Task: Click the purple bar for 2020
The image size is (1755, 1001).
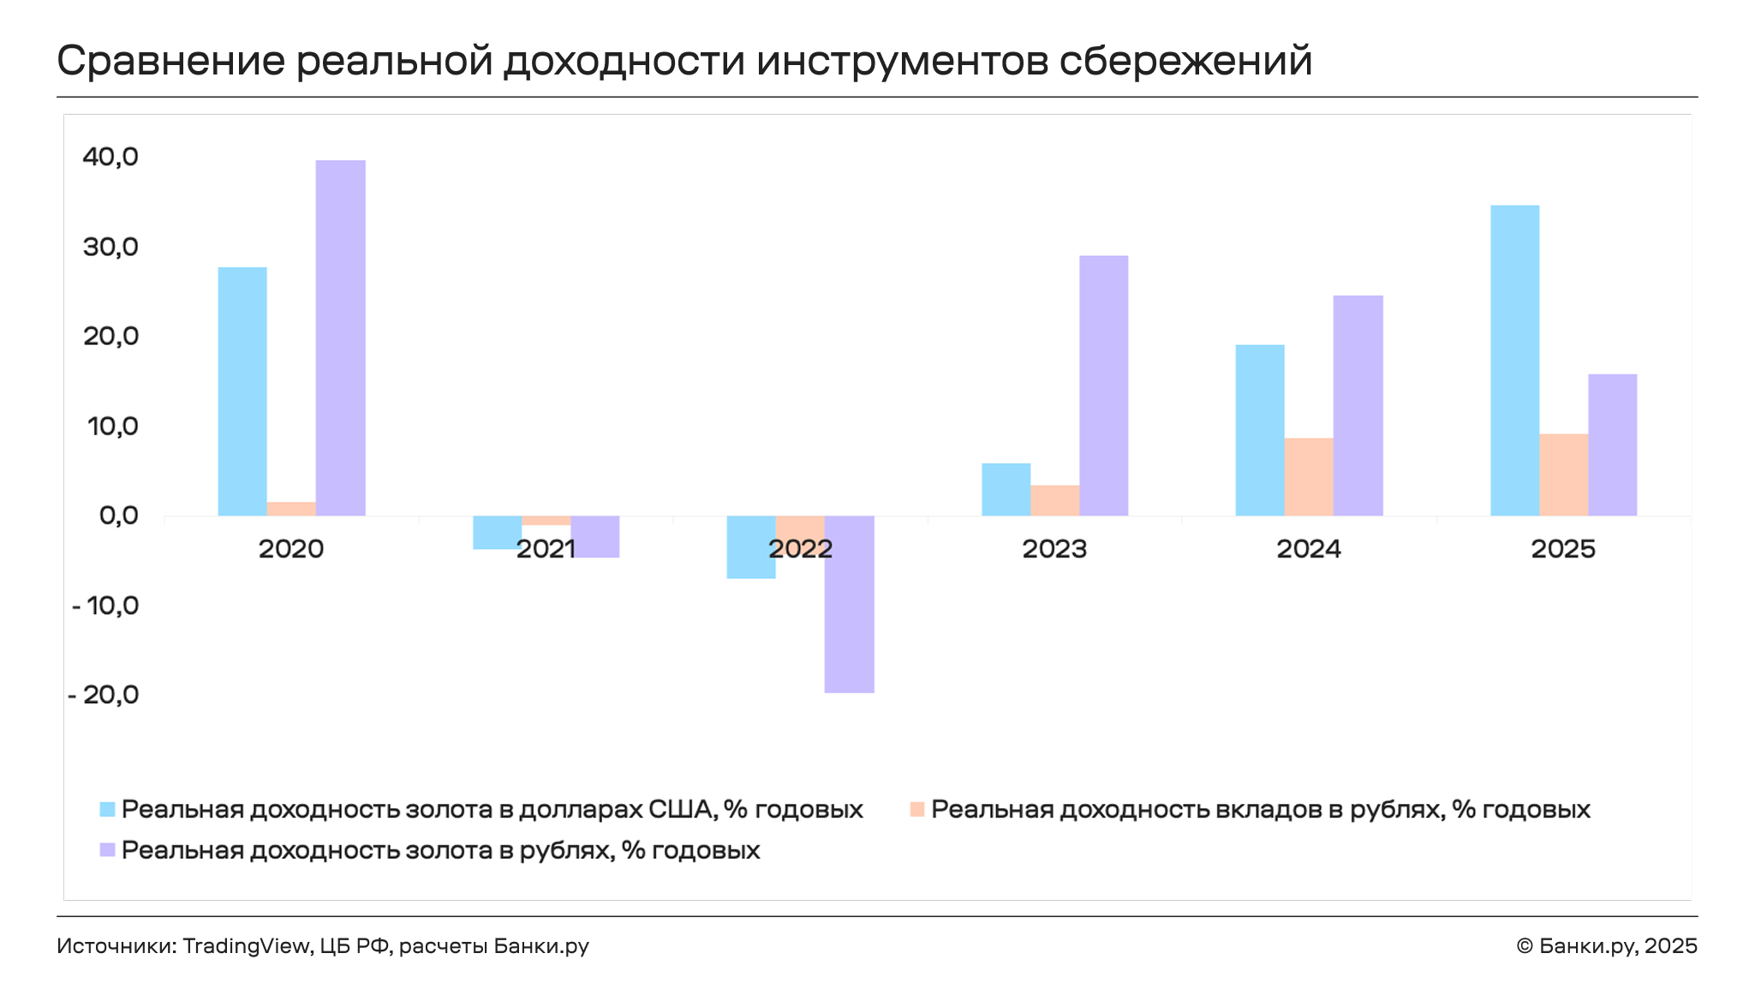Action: coord(340,338)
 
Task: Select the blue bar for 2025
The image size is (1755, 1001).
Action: coord(1514,360)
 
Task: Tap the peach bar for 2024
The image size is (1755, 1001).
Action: coord(1309,477)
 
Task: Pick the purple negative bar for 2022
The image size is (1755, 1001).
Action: coord(849,604)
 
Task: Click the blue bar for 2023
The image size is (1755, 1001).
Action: coord(1006,490)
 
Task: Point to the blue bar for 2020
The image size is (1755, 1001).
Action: coord(242,391)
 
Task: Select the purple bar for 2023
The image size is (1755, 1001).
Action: coord(1103,385)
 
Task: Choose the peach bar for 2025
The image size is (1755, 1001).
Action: coord(1563,474)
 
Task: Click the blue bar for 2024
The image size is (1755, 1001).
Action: coord(1259,430)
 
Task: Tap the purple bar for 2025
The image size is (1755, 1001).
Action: coord(1612,444)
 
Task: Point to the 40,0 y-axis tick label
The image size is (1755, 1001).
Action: coord(110,157)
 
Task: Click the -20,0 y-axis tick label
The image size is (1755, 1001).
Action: coord(103,694)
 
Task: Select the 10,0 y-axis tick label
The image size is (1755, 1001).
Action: coord(112,426)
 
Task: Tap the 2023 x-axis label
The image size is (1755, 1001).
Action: coord(1054,549)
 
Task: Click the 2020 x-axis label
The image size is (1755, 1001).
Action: coord(291,549)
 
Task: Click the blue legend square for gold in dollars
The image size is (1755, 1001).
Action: coord(107,809)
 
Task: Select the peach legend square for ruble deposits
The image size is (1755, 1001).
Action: coord(916,809)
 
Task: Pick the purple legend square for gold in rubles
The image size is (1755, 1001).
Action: coord(107,850)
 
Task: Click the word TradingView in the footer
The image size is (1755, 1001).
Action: coord(246,946)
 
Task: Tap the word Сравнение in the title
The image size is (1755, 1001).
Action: coord(170,62)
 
